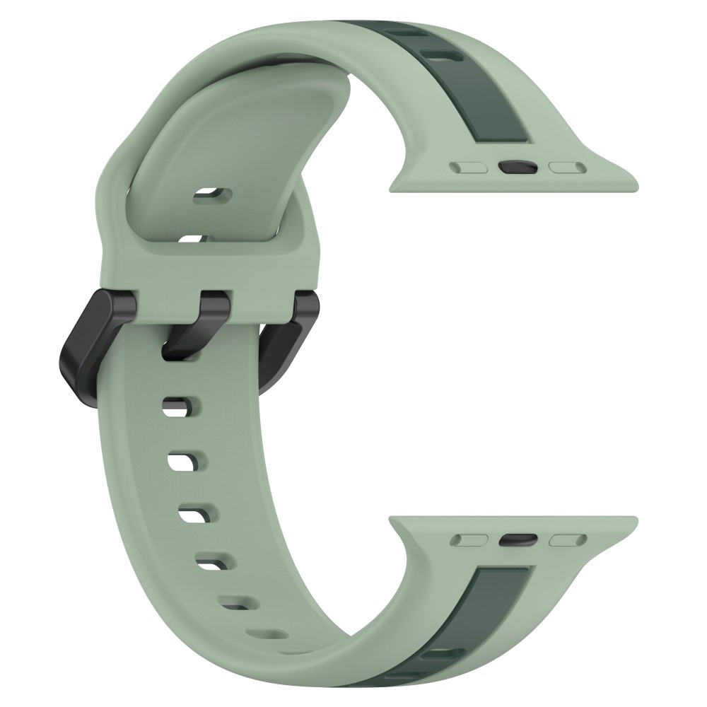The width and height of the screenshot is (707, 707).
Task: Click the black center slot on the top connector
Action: click(518, 168)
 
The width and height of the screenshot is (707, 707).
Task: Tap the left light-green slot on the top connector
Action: click(469, 168)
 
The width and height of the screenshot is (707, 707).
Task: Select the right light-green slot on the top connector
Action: click(568, 168)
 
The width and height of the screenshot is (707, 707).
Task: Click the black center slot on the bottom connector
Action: click(518, 540)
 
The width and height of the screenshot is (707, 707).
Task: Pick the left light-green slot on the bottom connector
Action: click(469, 540)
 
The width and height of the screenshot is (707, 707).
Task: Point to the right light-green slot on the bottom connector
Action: click(568, 540)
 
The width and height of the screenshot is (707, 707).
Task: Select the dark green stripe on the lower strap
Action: click(495, 615)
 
